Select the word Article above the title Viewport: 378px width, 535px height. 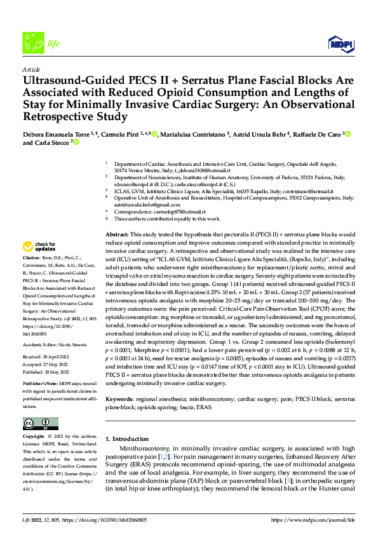(x=30, y=69)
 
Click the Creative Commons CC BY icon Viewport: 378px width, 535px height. (x=41, y=424)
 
